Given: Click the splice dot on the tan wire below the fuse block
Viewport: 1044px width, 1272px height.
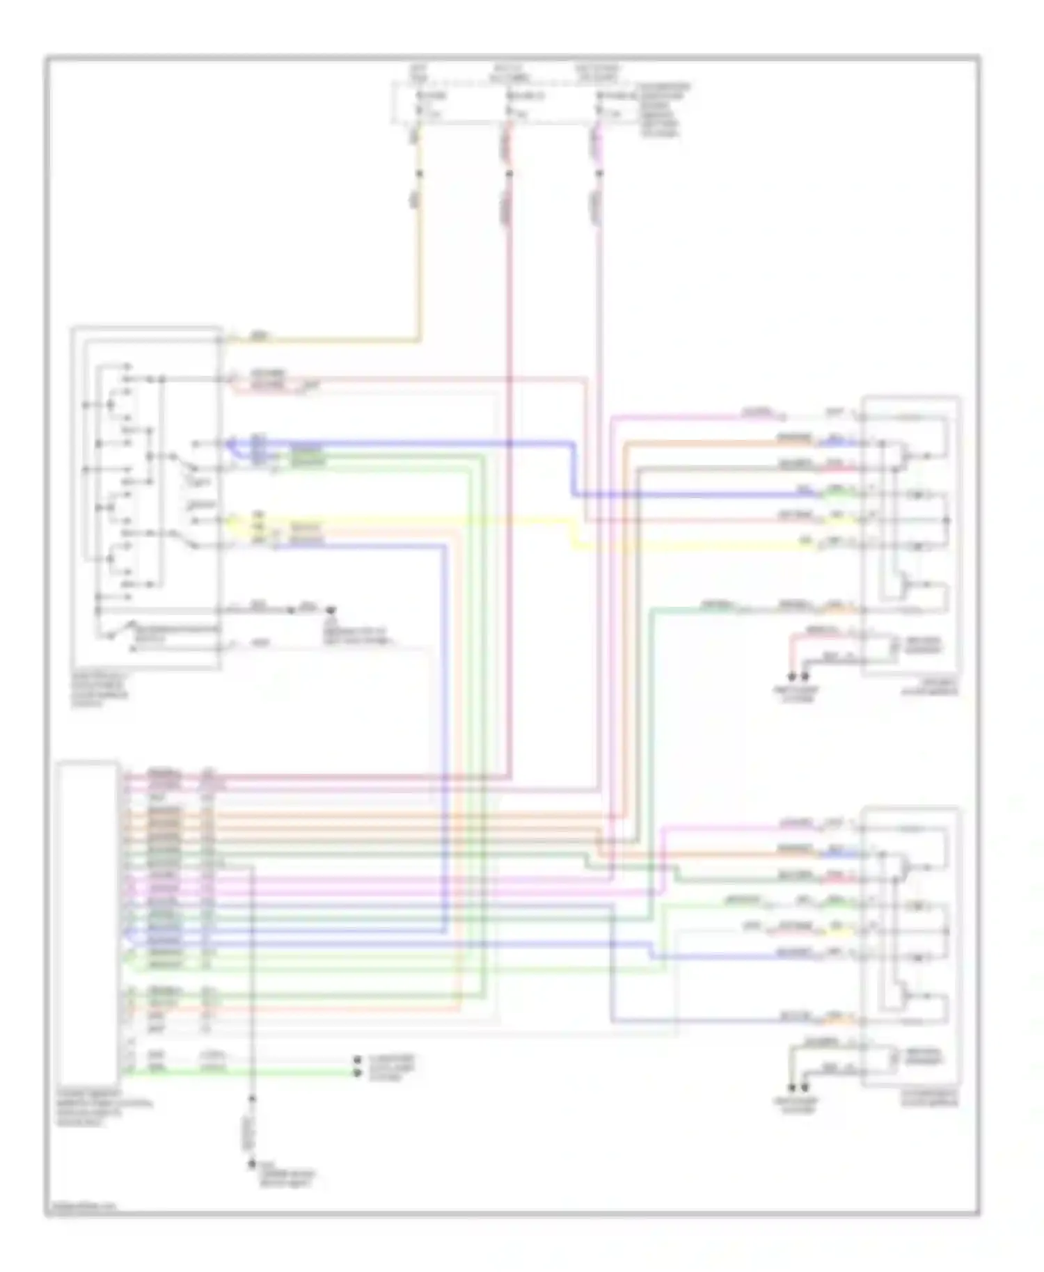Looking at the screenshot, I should pos(419,173).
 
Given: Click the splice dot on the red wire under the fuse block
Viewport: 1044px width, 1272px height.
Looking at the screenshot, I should pos(509,173).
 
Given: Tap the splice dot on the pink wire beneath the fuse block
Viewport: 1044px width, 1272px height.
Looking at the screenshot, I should pos(599,173).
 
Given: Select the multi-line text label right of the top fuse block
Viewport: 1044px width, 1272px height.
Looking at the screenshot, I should pos(665,110).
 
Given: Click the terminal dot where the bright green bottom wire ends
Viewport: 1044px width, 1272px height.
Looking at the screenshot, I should pos(358,1073).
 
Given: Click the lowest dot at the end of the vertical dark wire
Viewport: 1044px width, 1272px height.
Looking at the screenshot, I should pos(253,1164).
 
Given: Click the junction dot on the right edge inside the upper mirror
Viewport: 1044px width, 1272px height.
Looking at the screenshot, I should pos(947,520).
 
